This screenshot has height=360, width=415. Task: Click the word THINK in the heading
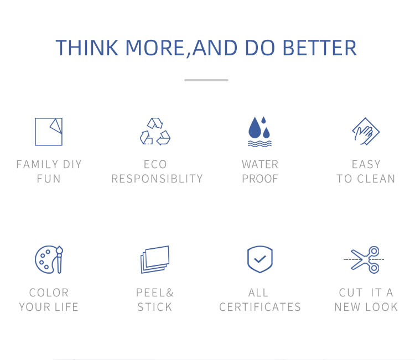click(87, 48)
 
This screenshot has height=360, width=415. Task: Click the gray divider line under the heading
click(206, 80)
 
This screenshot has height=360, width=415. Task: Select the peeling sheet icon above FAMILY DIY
click(49, 132)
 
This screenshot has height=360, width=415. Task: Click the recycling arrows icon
click(155, 132)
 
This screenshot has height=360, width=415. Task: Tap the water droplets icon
click(260, 132)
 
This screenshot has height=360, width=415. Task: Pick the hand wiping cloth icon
click(366, 132)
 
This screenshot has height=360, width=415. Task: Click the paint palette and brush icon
click(49, 259)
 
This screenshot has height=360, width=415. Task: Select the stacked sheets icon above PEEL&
click(155, 259)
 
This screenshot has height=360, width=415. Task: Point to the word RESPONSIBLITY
click(157, 179)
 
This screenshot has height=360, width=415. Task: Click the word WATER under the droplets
click(260, 165)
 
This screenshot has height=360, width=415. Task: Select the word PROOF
click(260, 179)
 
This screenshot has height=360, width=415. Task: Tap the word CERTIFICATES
click(260, 307)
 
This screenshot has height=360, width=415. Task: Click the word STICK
click(155, 307)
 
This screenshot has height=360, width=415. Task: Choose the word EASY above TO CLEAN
click(366, 165)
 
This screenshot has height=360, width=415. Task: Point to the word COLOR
click(49, 293)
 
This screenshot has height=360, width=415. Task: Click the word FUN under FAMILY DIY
click(49, 179)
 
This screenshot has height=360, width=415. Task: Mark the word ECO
click(155, 165)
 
